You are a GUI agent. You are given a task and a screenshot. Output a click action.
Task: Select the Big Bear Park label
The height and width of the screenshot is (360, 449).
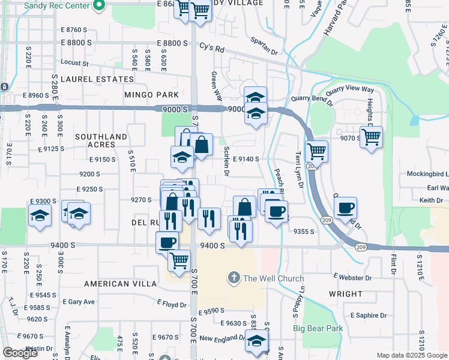[x=318, y=328]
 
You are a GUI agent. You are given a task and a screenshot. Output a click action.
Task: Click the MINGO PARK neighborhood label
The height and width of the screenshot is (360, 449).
[x=151, y=95]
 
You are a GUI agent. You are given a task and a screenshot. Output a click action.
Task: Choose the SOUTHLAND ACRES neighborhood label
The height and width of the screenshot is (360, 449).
[x=101, y=141]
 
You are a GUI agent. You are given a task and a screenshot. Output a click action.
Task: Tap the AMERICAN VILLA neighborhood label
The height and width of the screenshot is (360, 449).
[x=116, y=283]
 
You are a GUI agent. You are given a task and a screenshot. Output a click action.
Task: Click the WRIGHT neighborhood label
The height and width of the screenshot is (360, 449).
[x=346, y=294]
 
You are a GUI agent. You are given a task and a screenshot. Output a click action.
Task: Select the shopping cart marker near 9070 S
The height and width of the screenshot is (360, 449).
[x=372, y=137]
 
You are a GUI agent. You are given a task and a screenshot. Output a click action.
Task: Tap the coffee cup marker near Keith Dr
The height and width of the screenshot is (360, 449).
[x=345, y=209]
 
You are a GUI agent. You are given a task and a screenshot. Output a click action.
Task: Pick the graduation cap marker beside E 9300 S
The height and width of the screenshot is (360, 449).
[x=40, y=215]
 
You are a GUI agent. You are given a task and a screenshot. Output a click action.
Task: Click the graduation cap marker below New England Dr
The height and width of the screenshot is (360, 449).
[x=257, y=342]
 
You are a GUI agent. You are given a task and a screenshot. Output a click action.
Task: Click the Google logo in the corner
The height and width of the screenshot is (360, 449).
[x=20, y=353]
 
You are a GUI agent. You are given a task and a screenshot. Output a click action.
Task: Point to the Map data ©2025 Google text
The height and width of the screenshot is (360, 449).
[x=411, y=355]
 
